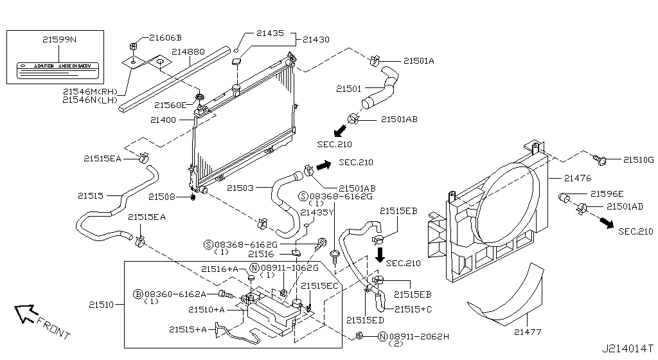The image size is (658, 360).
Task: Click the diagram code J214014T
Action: coord(627,349)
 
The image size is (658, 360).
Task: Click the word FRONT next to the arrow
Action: coord(53,328)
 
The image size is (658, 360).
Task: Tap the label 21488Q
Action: coord(188,51)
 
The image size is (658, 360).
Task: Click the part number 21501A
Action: coord(419,61)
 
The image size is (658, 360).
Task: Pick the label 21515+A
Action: coord(188,329)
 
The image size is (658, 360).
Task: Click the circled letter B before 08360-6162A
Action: coord(137,294)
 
